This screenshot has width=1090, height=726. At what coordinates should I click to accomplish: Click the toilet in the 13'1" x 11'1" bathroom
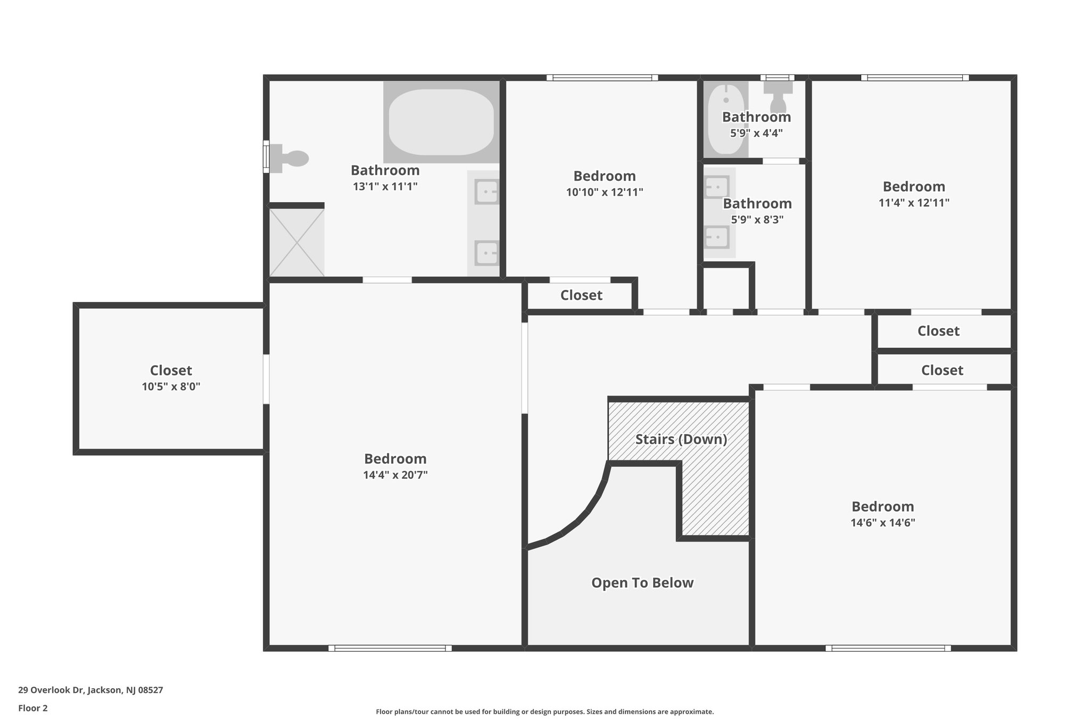pos(290,158)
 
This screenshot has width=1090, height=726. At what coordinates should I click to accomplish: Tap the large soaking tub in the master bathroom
pos(441,122)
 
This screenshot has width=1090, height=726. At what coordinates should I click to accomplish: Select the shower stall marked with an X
pos(296,243)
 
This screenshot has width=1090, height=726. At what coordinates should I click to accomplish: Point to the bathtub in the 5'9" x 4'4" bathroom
pos(726,119)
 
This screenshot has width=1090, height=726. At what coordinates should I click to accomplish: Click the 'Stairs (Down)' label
pos(681,439)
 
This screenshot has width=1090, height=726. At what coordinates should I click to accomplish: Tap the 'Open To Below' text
pos(642,583)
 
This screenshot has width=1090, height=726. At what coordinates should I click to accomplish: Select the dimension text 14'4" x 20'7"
pos(395,475)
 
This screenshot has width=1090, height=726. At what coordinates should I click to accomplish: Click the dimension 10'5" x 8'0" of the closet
pos(171,387)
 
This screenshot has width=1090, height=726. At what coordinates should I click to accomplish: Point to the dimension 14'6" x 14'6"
pos(883,523)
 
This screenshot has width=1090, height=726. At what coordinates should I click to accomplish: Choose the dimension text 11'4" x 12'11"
pos(914,203)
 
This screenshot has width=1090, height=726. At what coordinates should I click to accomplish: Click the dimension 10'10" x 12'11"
pos(605,192)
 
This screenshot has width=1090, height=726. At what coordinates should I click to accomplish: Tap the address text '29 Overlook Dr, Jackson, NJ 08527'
pos(90,690)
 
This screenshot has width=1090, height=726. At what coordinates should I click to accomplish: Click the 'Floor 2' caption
pos(33,708)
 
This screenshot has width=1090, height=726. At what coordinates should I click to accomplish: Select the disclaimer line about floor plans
pos(545,712)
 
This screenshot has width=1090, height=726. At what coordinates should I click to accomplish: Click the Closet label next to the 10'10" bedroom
pos(581,295)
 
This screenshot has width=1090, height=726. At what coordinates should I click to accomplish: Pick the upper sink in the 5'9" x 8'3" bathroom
pos(716,187)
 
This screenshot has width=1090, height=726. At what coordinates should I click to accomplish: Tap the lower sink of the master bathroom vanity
pos(487,253)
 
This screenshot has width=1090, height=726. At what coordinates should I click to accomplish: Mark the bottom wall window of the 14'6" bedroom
pos(888,648)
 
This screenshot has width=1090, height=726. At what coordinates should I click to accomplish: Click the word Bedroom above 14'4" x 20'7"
pos(395,459)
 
